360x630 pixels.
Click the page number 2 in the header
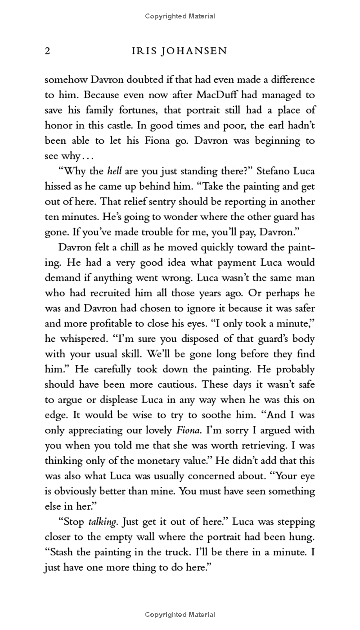47,51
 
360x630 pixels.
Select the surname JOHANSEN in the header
197,51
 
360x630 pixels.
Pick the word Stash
61,553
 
